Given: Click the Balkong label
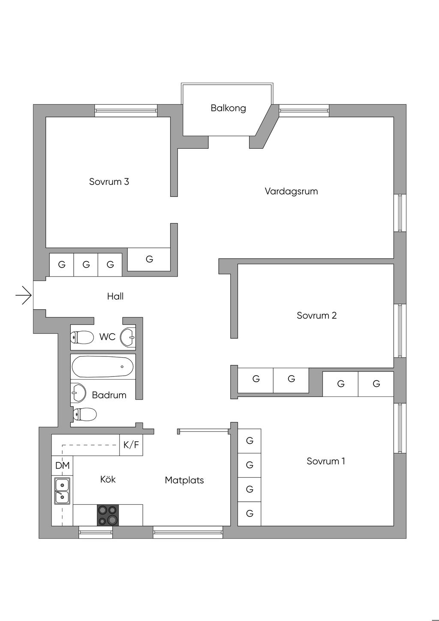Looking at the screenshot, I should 228,108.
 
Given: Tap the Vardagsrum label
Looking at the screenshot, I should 291,191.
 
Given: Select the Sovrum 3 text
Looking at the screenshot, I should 109,182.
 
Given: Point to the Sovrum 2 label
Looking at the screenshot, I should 316,316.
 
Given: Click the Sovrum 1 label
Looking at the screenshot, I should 326,461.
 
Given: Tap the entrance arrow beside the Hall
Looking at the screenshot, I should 24,295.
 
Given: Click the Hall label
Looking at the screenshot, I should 115,296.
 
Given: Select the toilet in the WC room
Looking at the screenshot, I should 82,338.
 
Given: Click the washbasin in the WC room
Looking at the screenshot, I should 128,337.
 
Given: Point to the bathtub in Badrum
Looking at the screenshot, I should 102,367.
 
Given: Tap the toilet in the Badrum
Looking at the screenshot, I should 84,415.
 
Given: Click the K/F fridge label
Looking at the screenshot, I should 131,445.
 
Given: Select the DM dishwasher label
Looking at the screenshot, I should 62,466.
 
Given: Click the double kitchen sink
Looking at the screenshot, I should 62,491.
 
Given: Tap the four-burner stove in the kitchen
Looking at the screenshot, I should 108,515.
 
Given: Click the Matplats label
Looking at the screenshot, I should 184,480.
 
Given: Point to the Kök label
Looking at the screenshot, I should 108,479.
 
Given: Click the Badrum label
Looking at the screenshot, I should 109,395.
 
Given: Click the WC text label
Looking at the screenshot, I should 107,337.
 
